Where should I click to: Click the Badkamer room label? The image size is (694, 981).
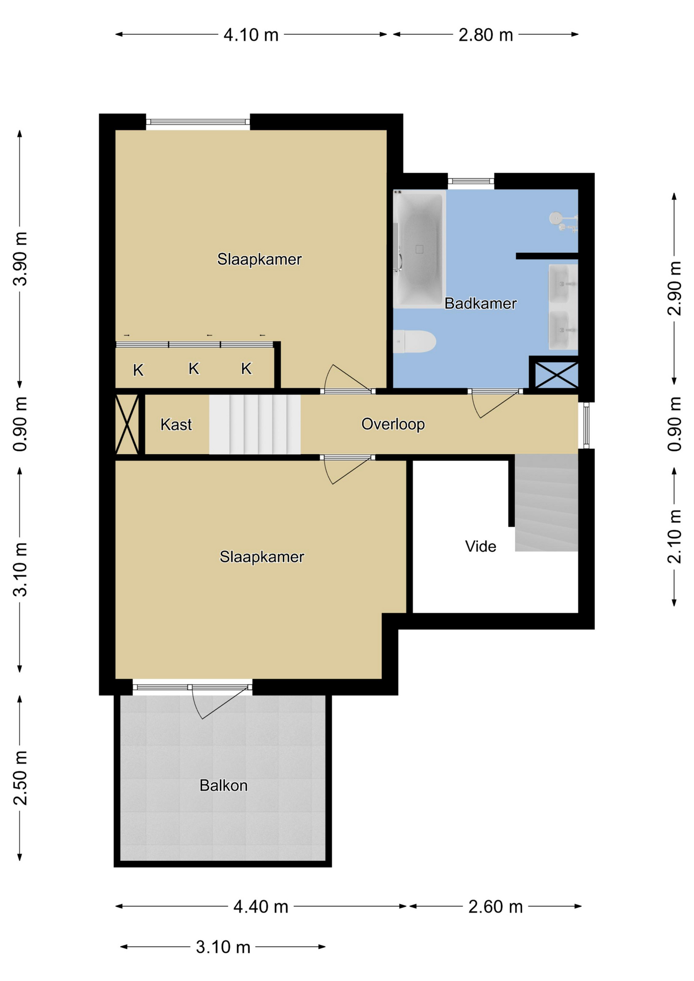[x=480, y=303]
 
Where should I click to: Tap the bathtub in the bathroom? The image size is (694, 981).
[x=419, y=249]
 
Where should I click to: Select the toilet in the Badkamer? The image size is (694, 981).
[x=414, y=341]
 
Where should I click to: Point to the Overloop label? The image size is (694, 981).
[x=393, y=424]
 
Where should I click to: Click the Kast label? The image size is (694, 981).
[x=176, y=425]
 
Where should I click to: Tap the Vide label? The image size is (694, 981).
[x=480, y=547]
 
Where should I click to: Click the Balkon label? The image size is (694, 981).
[x=223, y=785]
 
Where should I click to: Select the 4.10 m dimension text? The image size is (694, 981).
[x=251, y=35]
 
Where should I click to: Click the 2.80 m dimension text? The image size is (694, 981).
[x=485, y=35]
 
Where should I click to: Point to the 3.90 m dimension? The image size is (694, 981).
[x=20, y=259]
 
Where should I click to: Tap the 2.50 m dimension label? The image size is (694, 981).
[x=20, y=778]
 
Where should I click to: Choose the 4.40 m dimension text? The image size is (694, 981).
[x=261, y=907]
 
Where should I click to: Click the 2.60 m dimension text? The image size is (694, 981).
[x=496, y=907]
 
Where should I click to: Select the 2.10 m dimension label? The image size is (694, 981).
[x=675, y=536]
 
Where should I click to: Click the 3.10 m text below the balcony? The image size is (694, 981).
[x=223, y=947]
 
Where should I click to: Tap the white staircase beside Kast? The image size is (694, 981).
[x=255, y=424]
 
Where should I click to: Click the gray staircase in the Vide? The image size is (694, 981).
[x=546, y=503]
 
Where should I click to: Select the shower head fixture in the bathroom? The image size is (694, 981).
[x=556, y=218]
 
